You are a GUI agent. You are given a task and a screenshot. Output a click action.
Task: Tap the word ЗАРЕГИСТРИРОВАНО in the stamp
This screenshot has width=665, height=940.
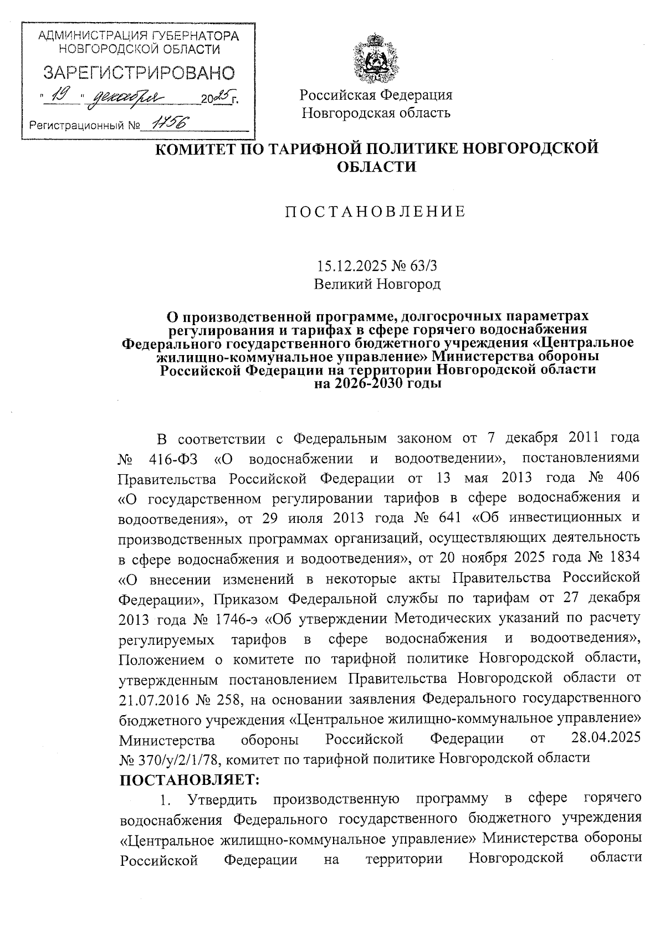139,72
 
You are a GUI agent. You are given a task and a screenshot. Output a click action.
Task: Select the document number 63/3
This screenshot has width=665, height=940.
424,266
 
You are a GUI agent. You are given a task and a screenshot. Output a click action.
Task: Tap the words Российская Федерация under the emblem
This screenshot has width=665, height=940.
376,94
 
